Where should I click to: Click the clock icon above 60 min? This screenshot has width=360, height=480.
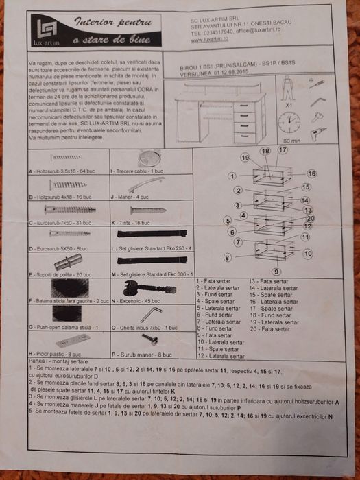pyautogui.click(x=288, y=123)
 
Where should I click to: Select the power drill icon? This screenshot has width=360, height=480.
pyautogui.click(x=317, y=133)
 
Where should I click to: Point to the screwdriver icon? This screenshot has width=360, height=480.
pyautogui.click(x=316, y=84)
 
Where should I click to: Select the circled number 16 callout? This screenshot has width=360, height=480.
pyautogui.click(x=311, y=173)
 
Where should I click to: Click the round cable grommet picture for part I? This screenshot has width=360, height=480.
pyautogui.click(x=147, y=158)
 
